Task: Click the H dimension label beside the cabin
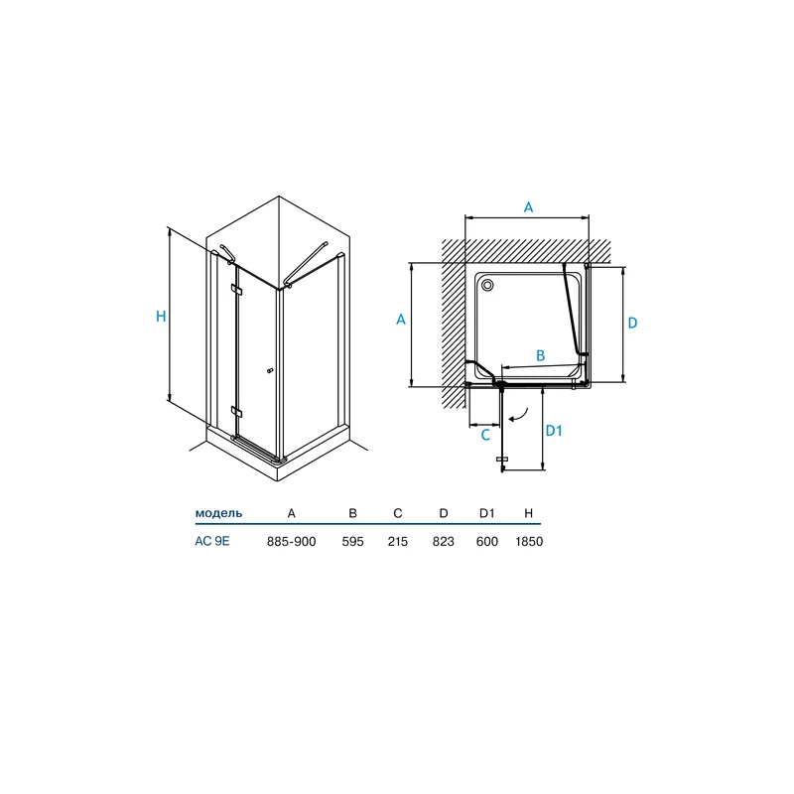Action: click(x=161, y=317)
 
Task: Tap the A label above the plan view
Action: click(x=528, y=207)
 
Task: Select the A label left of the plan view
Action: click(x=401, y=320)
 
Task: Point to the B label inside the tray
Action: click(x=540, y=355)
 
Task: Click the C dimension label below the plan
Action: click(x=485, y=435)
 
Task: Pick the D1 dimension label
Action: click(x=554, y=431)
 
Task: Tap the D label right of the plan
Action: click(x=632, y=324)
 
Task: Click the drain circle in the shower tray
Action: click(x=487, y=285)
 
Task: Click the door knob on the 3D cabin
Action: click(x=270, y=371)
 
